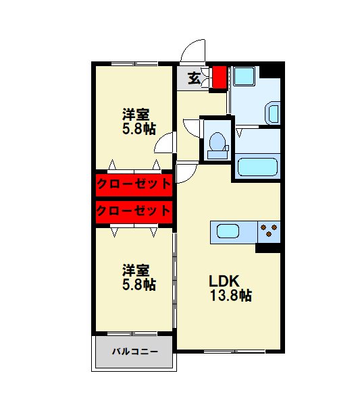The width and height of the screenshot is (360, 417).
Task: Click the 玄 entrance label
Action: point(194,78)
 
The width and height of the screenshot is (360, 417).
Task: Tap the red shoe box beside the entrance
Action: point(218,78)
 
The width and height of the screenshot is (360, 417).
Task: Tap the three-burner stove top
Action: point(269,231)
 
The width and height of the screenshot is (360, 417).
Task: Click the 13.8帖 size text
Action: point(230,296)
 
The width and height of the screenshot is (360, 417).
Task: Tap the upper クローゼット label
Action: point(133,183)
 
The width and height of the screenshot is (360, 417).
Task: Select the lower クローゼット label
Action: point(133,211)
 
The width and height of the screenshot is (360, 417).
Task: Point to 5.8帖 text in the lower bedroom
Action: point(138,285)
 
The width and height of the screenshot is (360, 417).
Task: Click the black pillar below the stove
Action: point(268,248)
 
